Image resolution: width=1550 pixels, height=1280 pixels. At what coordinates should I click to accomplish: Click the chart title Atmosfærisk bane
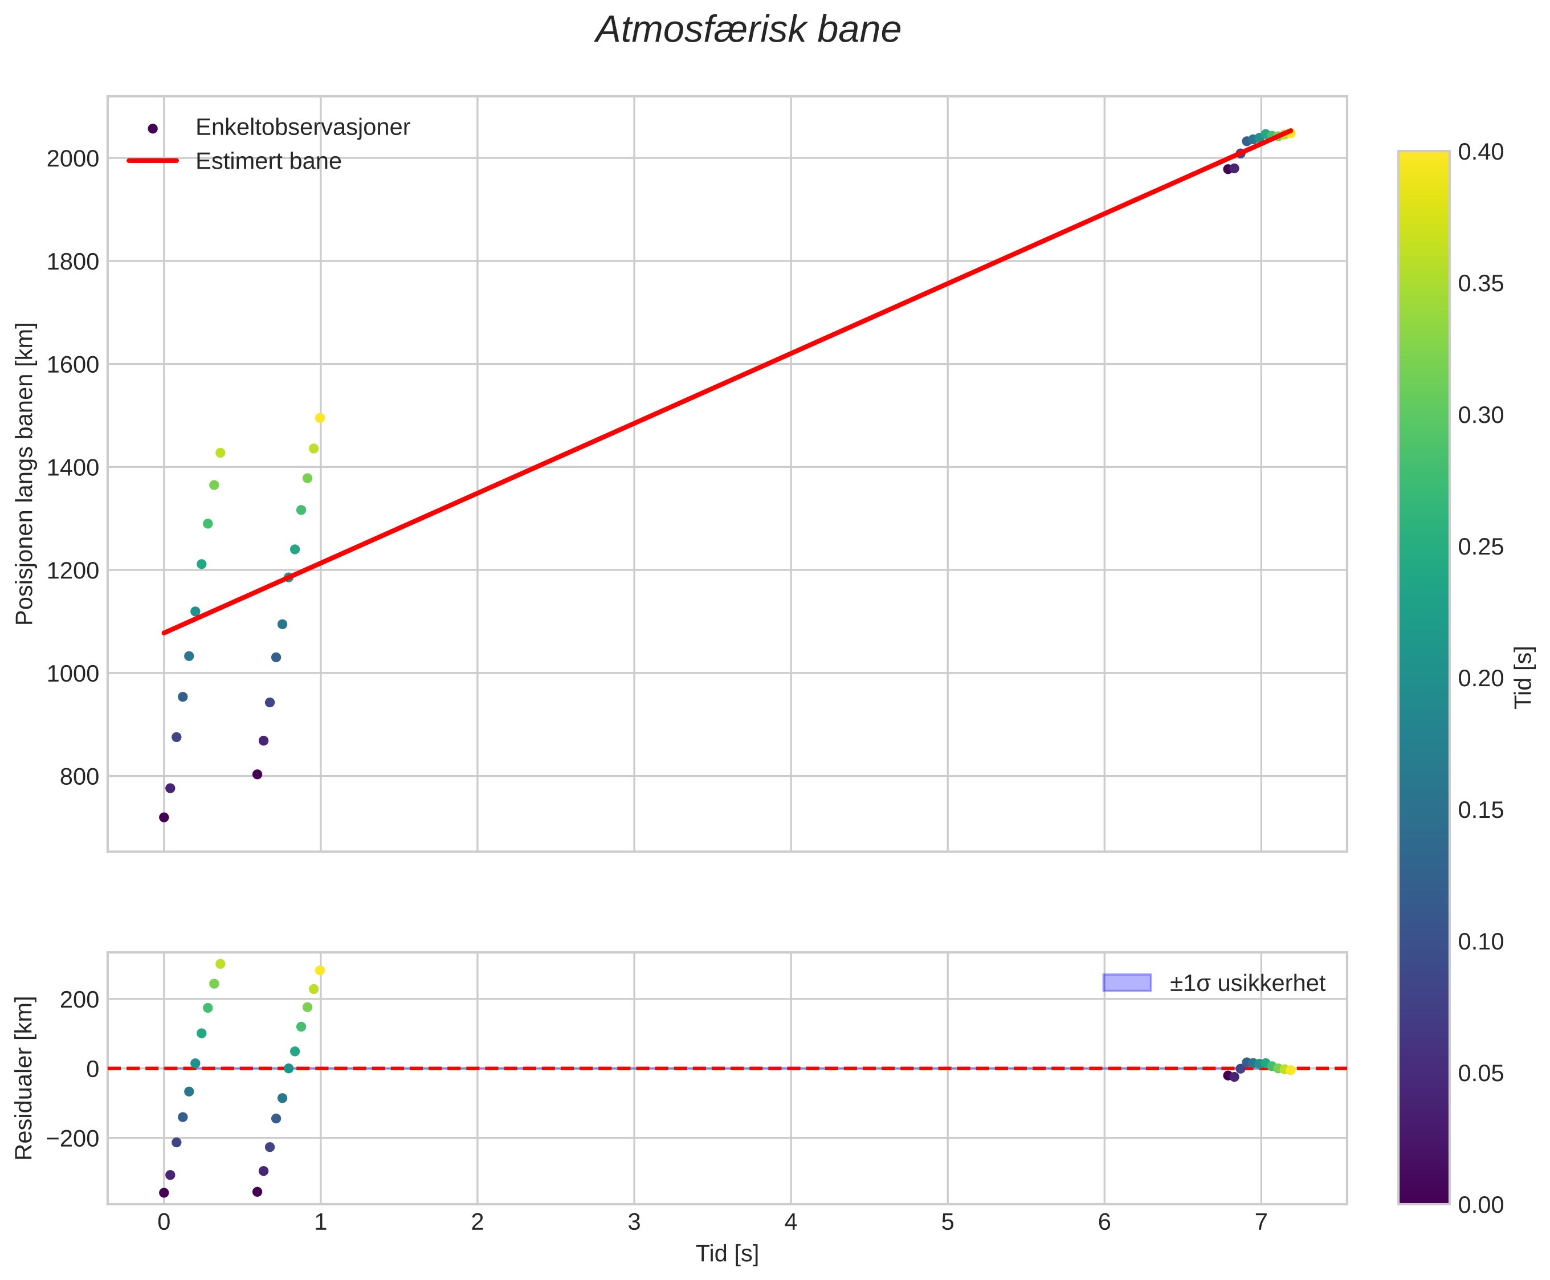point(748,31)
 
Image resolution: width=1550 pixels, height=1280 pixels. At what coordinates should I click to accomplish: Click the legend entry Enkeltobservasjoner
point(303,128)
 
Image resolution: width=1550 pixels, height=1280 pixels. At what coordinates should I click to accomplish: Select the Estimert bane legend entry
point(268,161)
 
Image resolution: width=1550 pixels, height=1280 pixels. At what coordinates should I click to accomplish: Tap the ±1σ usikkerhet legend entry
point(1247,983)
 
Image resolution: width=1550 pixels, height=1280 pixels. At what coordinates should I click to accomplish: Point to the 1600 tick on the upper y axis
point(72,364)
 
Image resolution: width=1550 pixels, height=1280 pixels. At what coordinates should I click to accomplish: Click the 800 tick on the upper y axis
point(79,776)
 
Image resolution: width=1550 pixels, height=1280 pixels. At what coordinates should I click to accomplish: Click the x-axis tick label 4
point(790,1222)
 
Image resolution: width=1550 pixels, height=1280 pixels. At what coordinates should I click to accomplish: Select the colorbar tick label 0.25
point(1480,547)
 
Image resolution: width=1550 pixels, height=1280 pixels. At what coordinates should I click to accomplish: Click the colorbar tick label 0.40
point(1480,152)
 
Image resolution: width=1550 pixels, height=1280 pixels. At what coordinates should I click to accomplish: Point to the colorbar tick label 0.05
point(1480,1074)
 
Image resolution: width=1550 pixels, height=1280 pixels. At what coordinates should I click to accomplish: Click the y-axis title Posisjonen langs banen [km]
point(25,474)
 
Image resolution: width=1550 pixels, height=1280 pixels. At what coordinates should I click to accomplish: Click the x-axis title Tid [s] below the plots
point(727,1254)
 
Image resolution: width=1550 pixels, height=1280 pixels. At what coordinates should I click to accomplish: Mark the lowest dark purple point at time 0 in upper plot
point(164,817)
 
